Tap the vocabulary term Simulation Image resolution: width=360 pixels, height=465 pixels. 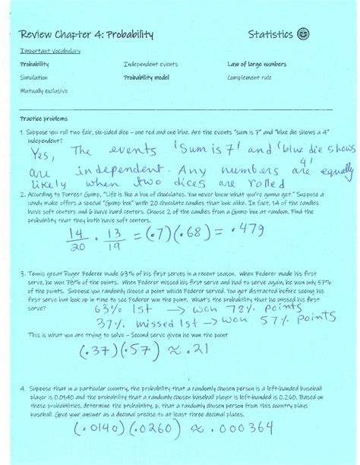click(33, 77)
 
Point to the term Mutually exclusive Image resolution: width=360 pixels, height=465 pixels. click(43, 90)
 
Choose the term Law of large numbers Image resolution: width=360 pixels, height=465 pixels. click(257, 65)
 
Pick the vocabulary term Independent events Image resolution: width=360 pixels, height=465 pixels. click(150, 65)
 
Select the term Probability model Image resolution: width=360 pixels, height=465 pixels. click(147, 77)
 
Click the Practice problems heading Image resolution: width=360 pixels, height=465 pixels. click(44, 119)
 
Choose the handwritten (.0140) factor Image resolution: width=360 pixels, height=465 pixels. click(83, 431)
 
